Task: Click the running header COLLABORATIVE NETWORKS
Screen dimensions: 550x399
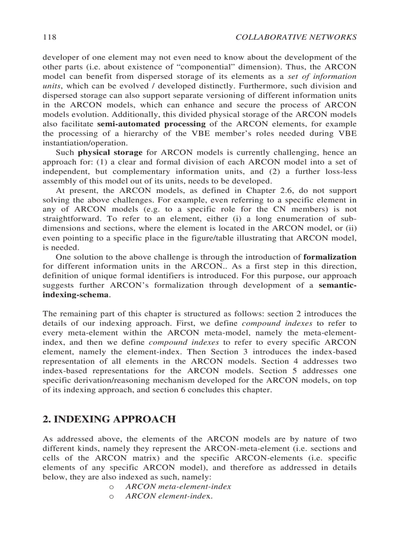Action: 296,37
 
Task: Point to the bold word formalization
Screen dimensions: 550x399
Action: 330,257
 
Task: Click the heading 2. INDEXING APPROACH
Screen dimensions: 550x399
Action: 109,419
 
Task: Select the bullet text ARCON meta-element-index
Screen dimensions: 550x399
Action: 178,487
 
